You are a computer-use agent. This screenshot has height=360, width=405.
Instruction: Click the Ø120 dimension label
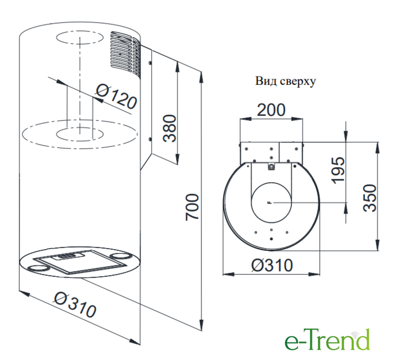[116, 97]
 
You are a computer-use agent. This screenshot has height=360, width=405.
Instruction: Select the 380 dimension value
[170, 128]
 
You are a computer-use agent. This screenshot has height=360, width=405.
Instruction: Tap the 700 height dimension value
[192, 207]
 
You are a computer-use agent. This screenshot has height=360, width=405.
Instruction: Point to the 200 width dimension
[271, 110]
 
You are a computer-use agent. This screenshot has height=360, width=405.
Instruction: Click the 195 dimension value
[338, 170]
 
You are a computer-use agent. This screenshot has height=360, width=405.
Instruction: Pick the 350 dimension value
[370, 198]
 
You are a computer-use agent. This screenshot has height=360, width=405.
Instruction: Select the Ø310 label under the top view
[272, 265]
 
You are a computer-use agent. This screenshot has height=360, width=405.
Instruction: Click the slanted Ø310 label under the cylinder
[75, 305]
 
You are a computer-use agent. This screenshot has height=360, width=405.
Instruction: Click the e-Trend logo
[327, 340]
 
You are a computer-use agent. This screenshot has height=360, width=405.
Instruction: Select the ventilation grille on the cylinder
[125, 53]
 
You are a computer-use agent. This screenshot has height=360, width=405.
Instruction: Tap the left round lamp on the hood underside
[39, 268]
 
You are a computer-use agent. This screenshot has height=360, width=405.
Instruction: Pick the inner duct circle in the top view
[271, 202]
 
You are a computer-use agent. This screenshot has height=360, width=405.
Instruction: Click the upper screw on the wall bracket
[150, 62]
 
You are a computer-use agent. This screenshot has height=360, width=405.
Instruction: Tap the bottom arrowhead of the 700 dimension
[201, 325]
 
